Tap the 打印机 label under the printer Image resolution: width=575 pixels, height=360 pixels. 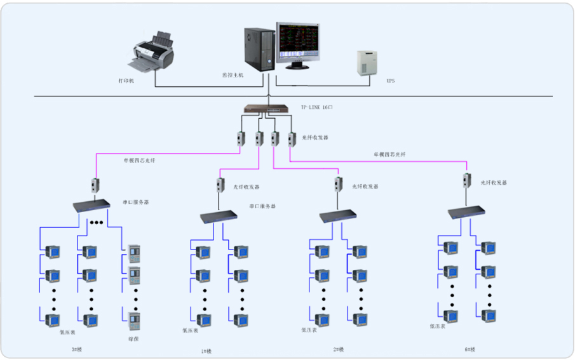tap(126, 81)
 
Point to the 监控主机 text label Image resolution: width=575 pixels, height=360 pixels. tap(233, 74)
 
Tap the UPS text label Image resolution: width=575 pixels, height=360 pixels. tap(390, 81)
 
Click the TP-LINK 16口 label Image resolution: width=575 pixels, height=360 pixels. tap(316, 107)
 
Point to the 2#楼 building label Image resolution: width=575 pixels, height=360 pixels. tap(337, 349)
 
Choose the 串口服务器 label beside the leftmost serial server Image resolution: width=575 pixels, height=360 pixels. tap(136, 203)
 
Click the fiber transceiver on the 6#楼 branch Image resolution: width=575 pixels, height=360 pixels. tap(467, 180)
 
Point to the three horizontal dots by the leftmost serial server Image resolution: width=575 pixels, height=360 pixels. tap(97, 222)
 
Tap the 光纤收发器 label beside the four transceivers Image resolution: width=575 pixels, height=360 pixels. tap(315, 137)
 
